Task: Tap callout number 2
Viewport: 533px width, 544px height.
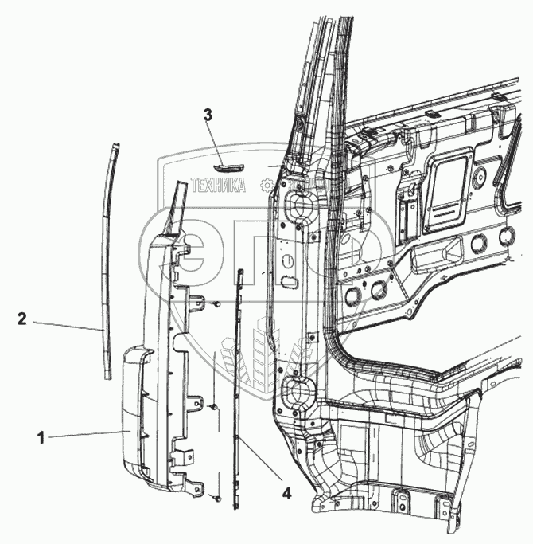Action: tap(24, 319)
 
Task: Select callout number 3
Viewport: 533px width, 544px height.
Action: tap(208, 115)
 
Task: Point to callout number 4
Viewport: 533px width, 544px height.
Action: tap(286, 492)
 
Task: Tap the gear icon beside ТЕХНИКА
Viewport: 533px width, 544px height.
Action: tap(266, 186)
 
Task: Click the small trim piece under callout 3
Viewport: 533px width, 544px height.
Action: tap(228, 165)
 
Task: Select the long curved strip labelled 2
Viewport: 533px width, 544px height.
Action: tap(109, 255)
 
